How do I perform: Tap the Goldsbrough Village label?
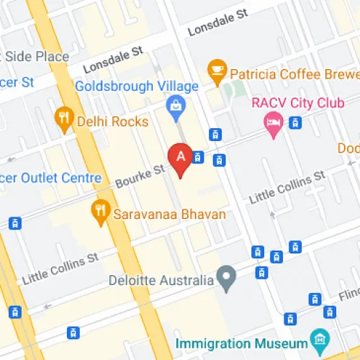click(x=137, y=87)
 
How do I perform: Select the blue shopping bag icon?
click(x=174, y=108)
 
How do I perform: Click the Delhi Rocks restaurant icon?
click(x=64, y=117)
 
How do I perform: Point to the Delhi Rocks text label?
click(x=107, y=121)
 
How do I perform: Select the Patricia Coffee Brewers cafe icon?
click(x=216, y=70)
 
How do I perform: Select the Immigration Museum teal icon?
click(x=318, y=338)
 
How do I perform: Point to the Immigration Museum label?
click(x=245, y=343)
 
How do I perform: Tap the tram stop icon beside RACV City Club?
click(x=294, y=122)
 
